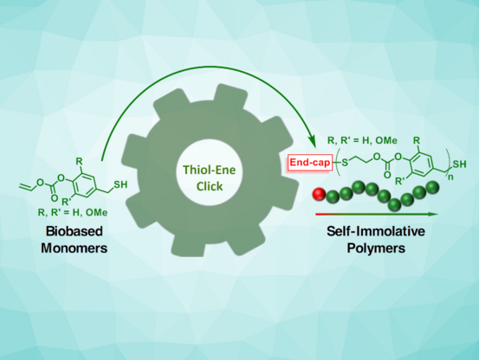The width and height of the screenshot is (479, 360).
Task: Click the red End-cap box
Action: pyautogui.click(x=309, y=163)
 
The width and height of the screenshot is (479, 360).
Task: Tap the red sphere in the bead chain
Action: pyautogui.click(x=319, y=194)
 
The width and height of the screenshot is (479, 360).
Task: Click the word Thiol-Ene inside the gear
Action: pyautogui.click(x=210, y=170)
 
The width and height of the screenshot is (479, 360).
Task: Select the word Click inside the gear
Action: pyautogui.click(x=210, y=186)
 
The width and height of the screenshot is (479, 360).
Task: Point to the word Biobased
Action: pyautogui.click(x=74, y=231)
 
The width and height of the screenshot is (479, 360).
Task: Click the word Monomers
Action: pyautogui.click(x=74, y=248)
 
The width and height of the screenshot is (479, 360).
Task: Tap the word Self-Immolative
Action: pyautogui.click(x=376, y=231)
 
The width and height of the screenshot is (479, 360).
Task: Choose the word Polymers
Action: pyautogui.click(x=376, y=248)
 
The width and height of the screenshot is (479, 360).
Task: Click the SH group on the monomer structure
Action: pyautogui.click(x=120, y=184)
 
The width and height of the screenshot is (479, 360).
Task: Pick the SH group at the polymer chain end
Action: pyautogui.click(x=459, y=164)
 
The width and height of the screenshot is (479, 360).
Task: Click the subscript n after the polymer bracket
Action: pyautogui.click(x=450, y=177)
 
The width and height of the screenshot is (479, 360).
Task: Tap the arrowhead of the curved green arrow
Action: pyautogui.click(x=312, y=141)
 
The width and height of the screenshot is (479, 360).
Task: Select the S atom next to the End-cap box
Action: pyautogui.click(x=344, y=163)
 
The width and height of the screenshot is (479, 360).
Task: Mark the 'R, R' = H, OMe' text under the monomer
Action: pyautogui.click(x=73, y=212)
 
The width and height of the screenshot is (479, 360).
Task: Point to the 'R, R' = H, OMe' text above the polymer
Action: pyautogui.click(x=362, y=140)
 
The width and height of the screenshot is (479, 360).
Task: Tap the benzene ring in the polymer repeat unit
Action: pyautogui.click(x=422, y=165)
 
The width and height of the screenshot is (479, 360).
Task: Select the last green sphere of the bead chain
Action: pyautogui.click(x=432, y=187)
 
